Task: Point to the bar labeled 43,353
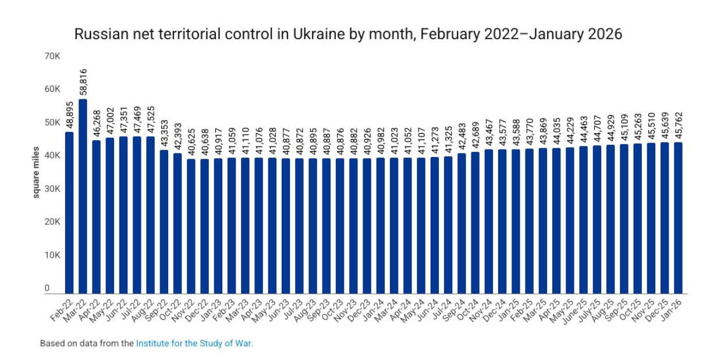click(164, 222)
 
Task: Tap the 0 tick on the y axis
click(47, 288)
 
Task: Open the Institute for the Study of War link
click(194, 344)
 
